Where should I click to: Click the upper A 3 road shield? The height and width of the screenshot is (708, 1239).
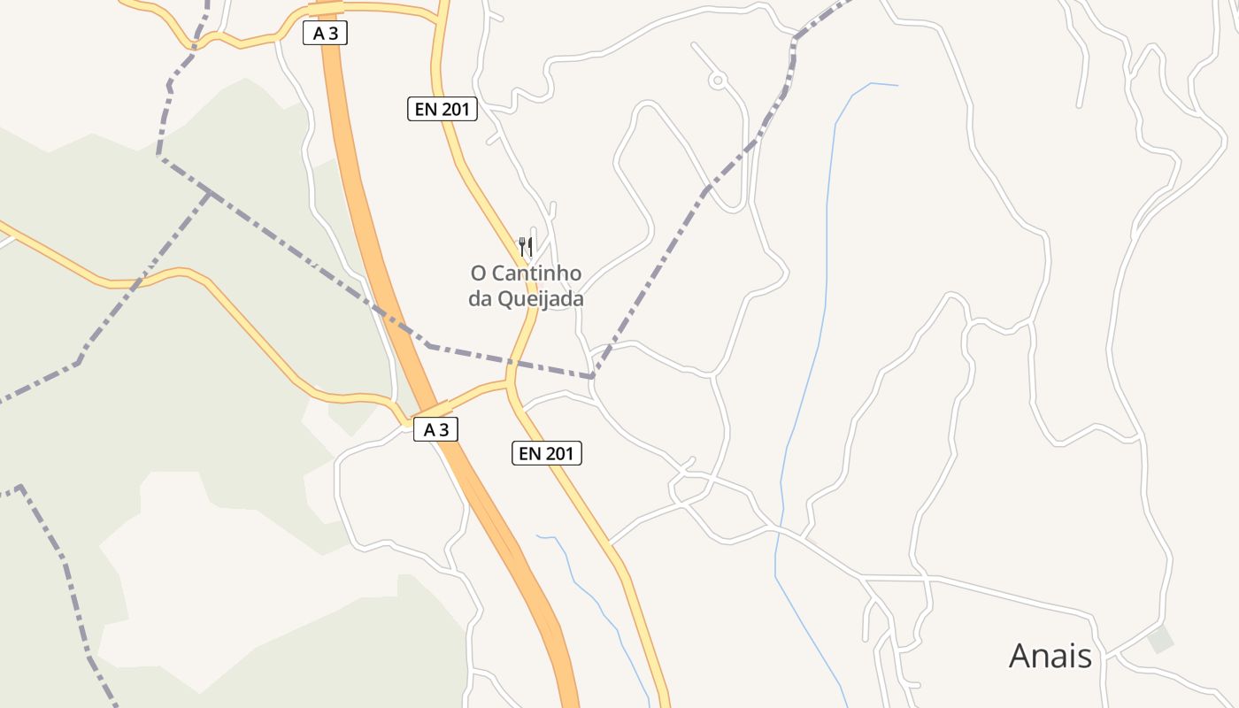click(x=326, y=34)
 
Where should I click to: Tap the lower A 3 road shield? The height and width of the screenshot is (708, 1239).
click(x=435, y=430)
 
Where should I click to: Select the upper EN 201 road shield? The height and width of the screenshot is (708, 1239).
click(x=442, y=110)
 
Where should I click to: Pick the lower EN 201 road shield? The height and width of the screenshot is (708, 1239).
click(x=547, y=454)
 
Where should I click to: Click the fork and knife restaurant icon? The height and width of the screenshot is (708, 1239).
click(x=526, y=245)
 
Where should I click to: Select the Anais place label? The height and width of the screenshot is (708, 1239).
click(x=1050, y=656)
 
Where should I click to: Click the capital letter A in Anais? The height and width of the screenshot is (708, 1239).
click(x=1020, y=656)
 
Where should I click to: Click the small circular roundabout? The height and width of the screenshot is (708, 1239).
click(x=718, y=81)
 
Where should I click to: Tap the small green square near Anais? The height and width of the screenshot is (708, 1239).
click(x=1159, y=639)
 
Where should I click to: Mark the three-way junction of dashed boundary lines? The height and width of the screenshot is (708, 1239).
click(x=209, y=193)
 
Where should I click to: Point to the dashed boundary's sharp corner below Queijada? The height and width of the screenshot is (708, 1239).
click(x=591, y=377)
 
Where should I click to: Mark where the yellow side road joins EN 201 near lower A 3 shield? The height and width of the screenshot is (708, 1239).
click(x=509, y=384)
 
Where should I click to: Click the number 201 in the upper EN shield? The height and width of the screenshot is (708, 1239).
click(x=456, y=110)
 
